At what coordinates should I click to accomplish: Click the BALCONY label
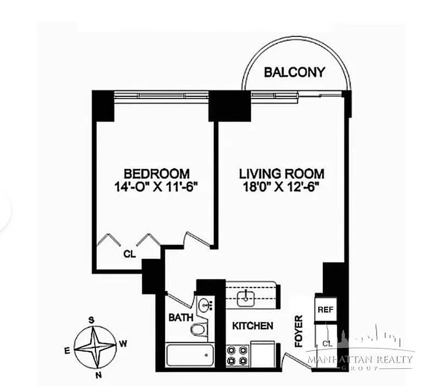click(295, 72)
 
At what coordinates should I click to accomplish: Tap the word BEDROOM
click(157, 173)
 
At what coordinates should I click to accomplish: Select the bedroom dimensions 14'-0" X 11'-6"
click(157, 186)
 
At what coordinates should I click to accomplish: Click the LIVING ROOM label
click(282, 173)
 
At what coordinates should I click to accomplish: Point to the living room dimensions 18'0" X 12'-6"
click(282, 186)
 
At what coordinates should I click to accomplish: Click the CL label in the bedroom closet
click(129, 252)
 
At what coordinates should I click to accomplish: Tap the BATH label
click(181, 317)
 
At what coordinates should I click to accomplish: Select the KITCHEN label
click(253, 326)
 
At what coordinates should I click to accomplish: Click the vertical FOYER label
click(299, 331)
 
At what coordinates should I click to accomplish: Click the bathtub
click(189, 356)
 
